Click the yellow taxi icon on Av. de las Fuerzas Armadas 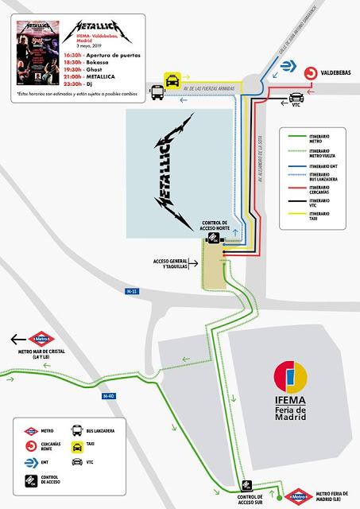click(171, 80)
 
